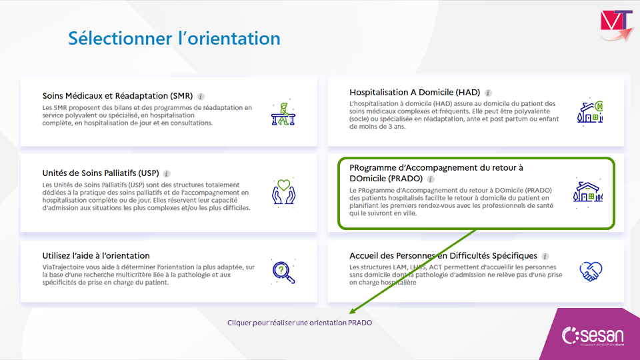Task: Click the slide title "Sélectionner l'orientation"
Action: pyautogui.click(x=174, y=39)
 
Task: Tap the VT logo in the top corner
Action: pyautogui.click(x=616, y=25)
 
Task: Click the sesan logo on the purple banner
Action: pyautogui.click(x=593, y=336)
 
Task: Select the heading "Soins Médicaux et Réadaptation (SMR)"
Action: pyautogui.click(x=117, y=96)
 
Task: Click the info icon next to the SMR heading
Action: pyautogui.click(x=201, y=96)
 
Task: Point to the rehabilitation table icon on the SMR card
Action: pyautogui.click(x=283, y=113)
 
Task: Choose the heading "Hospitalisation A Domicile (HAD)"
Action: pyautogui.click(x=415, y=92)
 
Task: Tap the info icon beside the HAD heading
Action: pyautogui.click(x=488, y=93)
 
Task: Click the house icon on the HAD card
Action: pyautogui.click(x=590, y=111)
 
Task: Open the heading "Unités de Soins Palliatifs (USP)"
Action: pyautogui.click(x=101, y=173)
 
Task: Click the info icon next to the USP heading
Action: pyautogui.click(x=167, y=173)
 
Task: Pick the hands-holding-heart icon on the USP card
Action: pyautogui.click(x=284, y=192)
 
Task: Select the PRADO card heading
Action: pyautogui.click(x=436, y=173)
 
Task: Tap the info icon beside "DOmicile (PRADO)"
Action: pyautogui.click(x=431, y=179)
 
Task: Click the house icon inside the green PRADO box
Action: pyautogui.click(x=588, y=192)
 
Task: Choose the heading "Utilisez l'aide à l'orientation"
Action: pyautogui.click(x=96, y=255)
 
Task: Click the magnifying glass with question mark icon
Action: pyautogui.click(x=283, y=271)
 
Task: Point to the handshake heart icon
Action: pyautogui.click(x=591, y=271)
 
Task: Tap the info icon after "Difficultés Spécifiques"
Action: pyautogui.click(x=545, y=256)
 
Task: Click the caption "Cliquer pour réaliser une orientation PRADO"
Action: pyautogui.click(x=299, y=323)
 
